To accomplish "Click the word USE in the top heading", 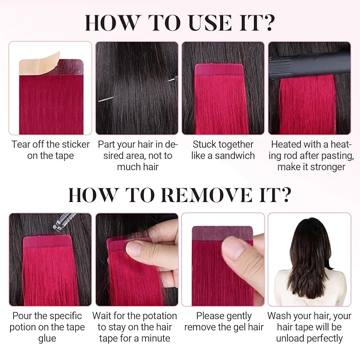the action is pyautogui.click(x=210, y=22).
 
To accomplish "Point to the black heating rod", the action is pyautogui.click(x=310, y=65).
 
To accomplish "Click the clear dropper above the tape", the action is pyautogui.click(x=64, y=221).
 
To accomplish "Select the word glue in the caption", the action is pyautogui.click(x=47, y=339).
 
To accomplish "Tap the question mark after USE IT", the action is pyautogui.click(x=268, y=22).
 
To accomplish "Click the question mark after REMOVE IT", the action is pyautogui.click(x=285, y=195).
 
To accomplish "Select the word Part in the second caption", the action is pyautogui.click(x=106, y=144).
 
